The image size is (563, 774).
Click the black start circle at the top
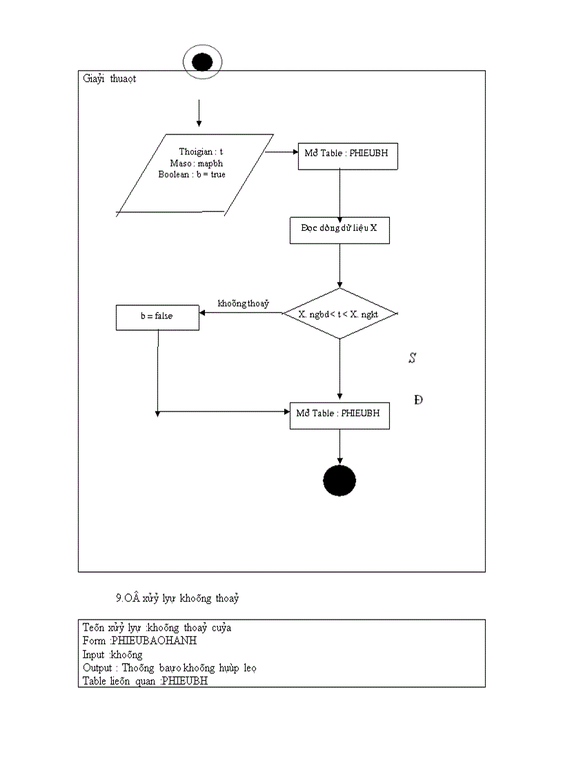point(201,63)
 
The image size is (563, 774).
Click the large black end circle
point(339,480)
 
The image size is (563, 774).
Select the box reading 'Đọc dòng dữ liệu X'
point(339,230)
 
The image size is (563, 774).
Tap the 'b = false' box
point(157,316)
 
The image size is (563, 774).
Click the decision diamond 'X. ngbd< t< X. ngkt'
point(340,314)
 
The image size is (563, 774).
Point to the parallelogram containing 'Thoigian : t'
point(195,175)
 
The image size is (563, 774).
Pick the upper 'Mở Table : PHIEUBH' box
point(347,154)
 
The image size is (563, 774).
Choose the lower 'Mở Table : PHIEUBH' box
point(339,414)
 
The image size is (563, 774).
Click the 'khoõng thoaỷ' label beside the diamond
point(243,303)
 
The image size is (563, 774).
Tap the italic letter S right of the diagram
point(412,358)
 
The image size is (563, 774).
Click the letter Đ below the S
point(418,400)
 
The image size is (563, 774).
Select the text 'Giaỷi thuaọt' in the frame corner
point(110,79)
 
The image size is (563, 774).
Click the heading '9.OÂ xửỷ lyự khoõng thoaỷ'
point(177,598)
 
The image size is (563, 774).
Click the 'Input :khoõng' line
point(112,654)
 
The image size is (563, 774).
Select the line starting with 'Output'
point(169,668)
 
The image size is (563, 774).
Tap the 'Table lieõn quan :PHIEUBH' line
point(145,681)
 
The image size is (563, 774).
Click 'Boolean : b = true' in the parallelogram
point(192,174)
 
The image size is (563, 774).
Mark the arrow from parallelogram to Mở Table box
point(281,152)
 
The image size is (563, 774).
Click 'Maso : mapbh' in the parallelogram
point(196,163)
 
